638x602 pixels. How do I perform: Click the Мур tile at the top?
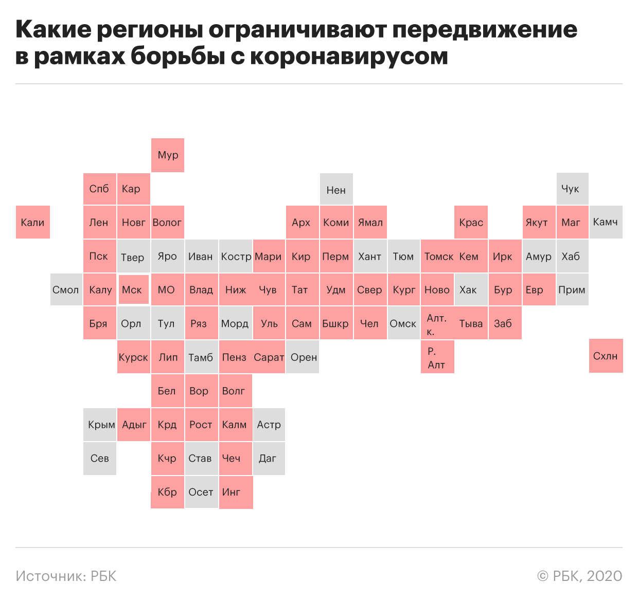point(168,155)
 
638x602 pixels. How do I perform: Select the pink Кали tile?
point(33,222)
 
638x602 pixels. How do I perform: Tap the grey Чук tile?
point(572,189)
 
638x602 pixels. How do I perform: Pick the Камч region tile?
point(606,222)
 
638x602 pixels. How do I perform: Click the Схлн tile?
point(606,356)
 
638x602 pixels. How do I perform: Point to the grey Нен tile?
point(336,190)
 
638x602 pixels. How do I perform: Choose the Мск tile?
point(133,290)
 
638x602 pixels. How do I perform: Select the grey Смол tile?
point(66,290)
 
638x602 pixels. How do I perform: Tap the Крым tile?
point(100,425)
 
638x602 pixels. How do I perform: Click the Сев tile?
point(100,458)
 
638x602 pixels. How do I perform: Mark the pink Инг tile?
point(236,492)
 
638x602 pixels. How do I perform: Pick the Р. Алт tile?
point(437,357)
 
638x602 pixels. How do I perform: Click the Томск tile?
point(438,256)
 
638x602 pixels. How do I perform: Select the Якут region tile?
point(538,222)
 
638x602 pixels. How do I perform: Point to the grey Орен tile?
point(303,357)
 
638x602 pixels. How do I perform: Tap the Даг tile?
point(269,458)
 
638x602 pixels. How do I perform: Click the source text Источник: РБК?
point(66,576)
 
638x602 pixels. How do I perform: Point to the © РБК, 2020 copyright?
point(579,576)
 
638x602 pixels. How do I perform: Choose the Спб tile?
point(100,189)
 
